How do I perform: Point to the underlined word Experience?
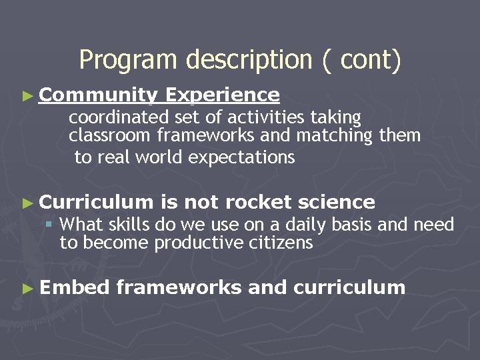pos(222,95)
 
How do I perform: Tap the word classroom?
pos(110,136)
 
